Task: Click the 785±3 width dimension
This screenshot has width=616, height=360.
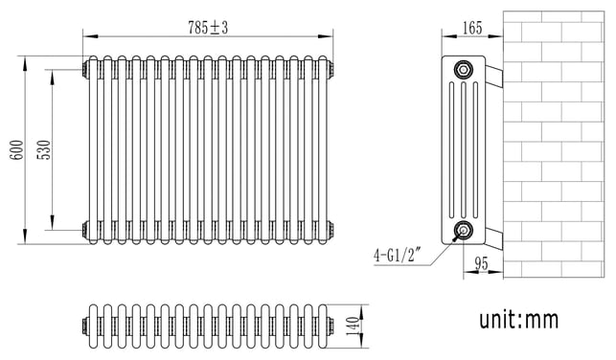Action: pos(208,28)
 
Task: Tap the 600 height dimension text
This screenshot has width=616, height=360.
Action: pos(17,149)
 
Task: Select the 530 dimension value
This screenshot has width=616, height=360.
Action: pos(44,149)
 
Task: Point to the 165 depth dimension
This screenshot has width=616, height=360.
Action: pos(472,28)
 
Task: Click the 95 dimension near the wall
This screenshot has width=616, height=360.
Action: pos(481,263)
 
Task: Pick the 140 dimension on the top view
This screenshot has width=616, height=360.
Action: pos(353,326)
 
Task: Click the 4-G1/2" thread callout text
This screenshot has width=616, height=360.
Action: pos(398,256)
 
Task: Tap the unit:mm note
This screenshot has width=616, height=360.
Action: pos(518,319)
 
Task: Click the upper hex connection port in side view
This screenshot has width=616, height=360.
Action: pos(464,70)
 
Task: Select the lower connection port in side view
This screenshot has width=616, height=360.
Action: pos(464,231)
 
